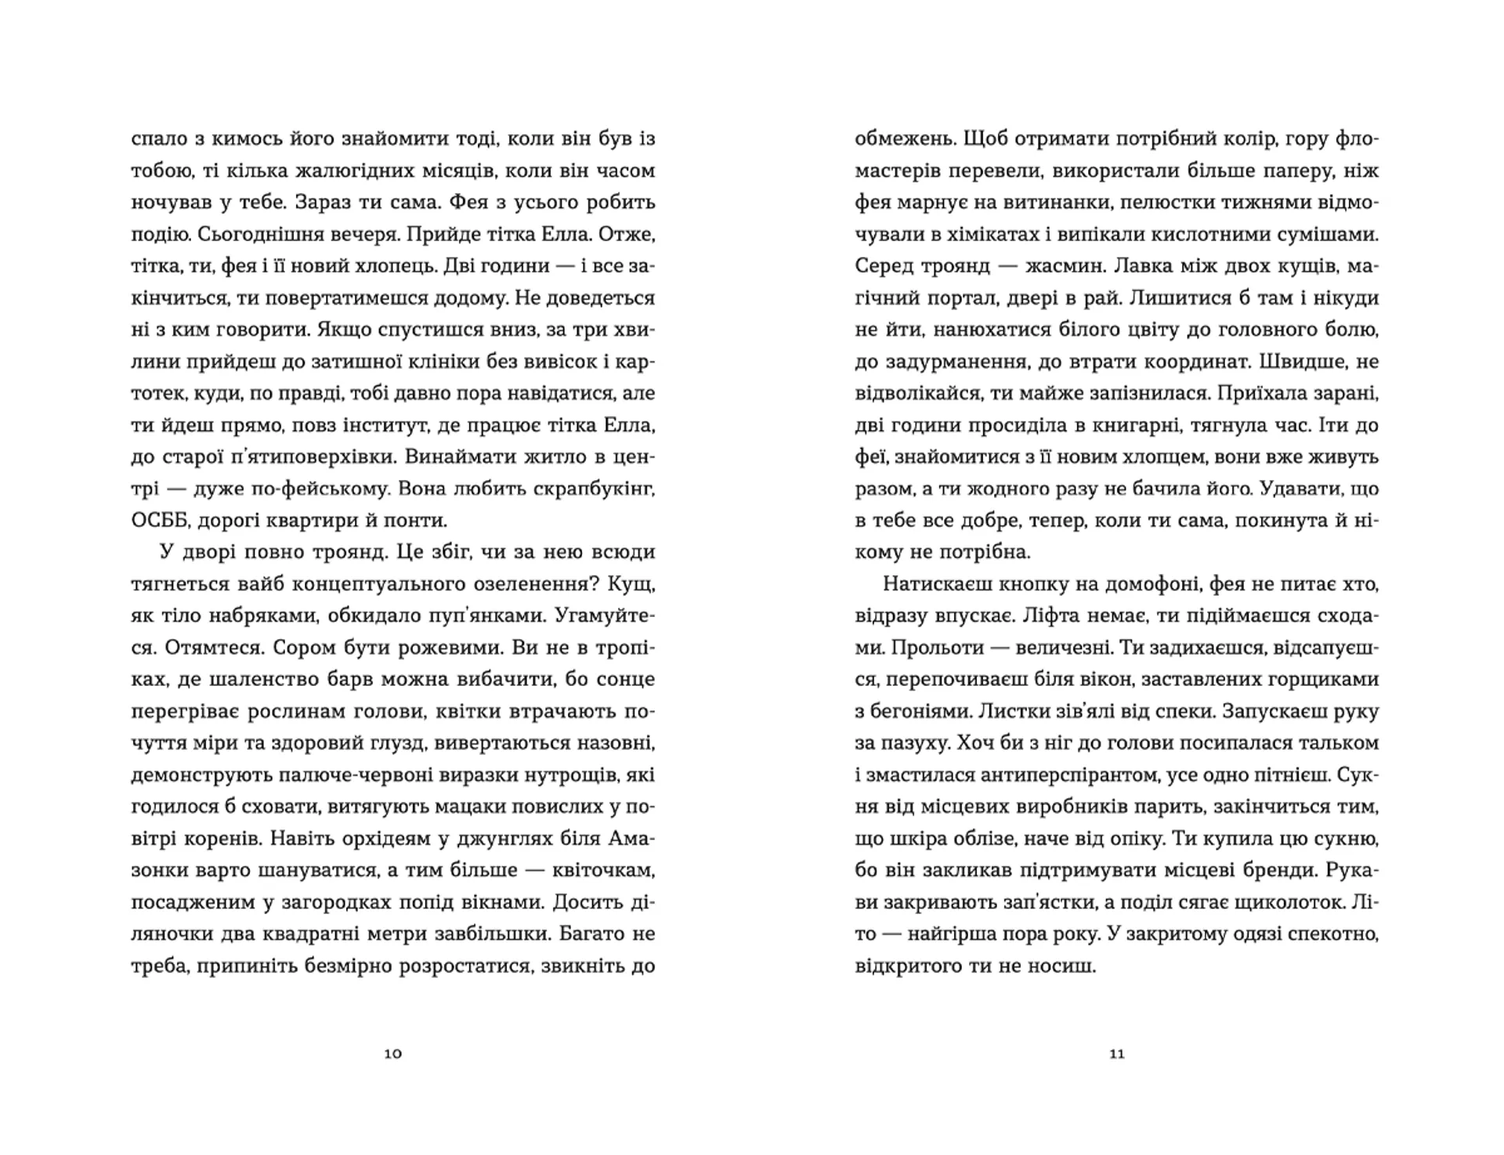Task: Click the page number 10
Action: (393, 1054)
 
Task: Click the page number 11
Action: (1117, 1054)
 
